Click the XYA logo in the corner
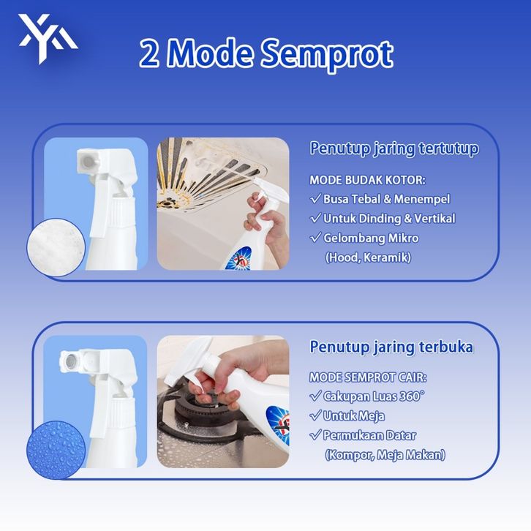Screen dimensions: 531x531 (x=48, y=38)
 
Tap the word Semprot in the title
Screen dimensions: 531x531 (x=327, y=54)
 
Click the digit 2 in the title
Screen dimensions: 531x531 (x=149, y=53)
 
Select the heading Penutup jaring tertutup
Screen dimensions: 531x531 (x=394, y=149)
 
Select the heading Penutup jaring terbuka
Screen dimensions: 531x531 (x=391, y=347)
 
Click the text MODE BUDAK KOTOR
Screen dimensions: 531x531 (x=367, y=180)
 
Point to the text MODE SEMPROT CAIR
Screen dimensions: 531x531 (x=368, y=377)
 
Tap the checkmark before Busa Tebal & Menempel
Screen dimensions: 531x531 (x=315, y=198)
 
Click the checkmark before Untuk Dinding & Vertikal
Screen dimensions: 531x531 (x=315, y=218)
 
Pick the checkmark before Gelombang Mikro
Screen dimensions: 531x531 (x=315, y=238)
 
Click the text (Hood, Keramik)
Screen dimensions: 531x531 (x=368, y=257)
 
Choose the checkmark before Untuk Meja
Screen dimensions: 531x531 (x=315, y=415)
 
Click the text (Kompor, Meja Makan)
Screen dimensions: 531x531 (x=385, y=455)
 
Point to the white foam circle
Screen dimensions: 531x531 (x=56, y=247)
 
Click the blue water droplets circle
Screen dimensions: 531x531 (x=56, y=450)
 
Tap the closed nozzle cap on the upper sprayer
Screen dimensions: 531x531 (x=88, y=162)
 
